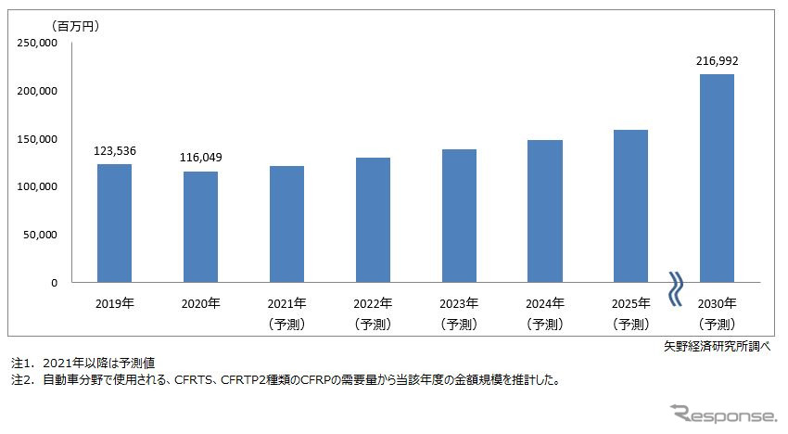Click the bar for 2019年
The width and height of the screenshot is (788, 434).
(x=114, y=223)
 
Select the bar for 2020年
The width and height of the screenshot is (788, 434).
(x=200, y=227)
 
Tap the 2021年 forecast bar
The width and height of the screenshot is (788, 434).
(x=286, y=224)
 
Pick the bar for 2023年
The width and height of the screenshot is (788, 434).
(x=459, y=216)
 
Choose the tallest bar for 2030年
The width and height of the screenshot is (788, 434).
(x=717, y=178)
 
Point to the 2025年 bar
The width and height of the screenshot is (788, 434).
(x=630, y=206)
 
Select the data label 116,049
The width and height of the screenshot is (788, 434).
(x=200, y=156)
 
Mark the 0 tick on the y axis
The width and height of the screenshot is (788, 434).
(x=54, y=283)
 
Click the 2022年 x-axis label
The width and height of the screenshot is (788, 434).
(x=373, y=303)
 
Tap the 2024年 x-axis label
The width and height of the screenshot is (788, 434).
(x=545, y=303)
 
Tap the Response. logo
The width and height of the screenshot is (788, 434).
(x=723, y=413)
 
